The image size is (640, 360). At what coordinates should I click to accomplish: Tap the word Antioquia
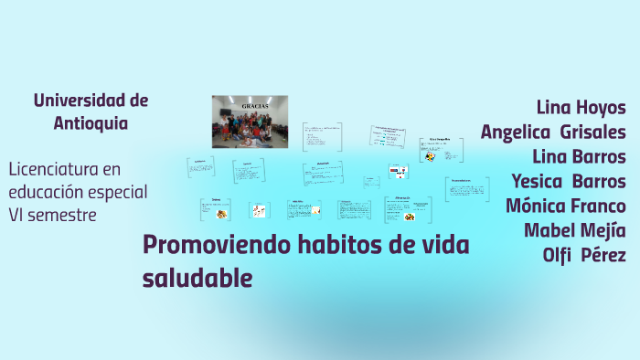[91, 122]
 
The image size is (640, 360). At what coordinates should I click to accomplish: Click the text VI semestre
[52, 215]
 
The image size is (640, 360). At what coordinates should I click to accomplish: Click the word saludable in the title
[197, 277]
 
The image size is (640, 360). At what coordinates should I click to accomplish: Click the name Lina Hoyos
[581, 107]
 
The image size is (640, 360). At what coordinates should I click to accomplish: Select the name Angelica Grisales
[553, 132]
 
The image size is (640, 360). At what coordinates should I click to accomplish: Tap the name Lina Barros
[579, 156]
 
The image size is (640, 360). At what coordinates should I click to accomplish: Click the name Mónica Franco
[566, 206]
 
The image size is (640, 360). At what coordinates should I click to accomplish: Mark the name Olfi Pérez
[584, 255]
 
